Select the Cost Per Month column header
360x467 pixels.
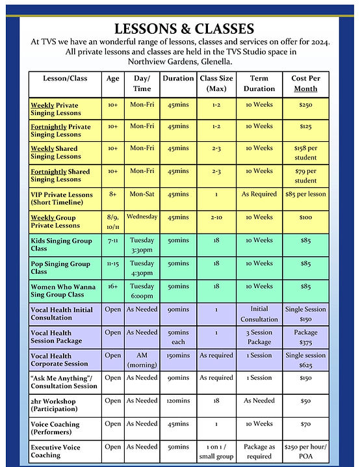click(304, 83)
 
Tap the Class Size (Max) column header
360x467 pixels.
click(216, 83)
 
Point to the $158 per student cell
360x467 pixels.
click(304, 152)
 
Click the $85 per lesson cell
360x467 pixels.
click(304, 194)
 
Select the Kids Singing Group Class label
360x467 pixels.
click(58, 244)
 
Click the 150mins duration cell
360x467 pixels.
click(177, 356)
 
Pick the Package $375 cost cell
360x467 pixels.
click(304, 336)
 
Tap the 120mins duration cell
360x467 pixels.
click(177, 402)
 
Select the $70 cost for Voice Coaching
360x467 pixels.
click(304, 425)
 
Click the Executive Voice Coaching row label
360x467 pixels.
click(58, 451)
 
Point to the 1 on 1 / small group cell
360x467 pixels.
click(216, 451)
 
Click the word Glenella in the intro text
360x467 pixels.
click(227, 60)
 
